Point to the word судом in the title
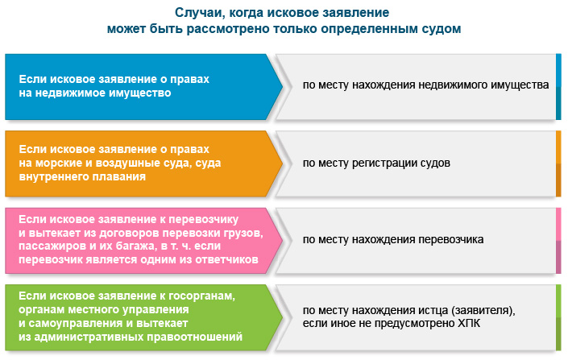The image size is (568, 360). (x=442, y=29)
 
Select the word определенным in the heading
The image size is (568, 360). (x=368, y=29)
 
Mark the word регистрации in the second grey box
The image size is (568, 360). (x=379, y=163)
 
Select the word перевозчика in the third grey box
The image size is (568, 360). (x=448, y=239)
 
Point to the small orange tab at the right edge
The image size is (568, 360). (x=559, y=163)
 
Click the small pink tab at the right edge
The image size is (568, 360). (x=559, y=240)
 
